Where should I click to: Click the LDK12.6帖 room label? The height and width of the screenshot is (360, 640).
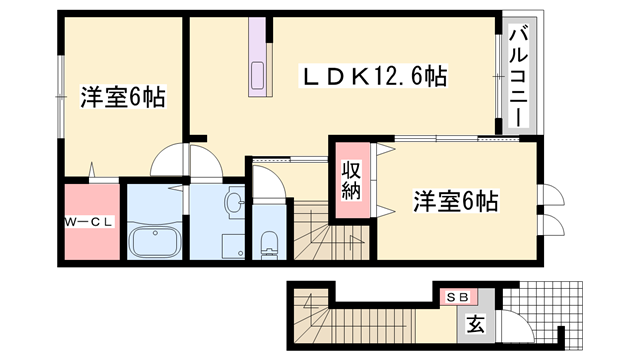pos(376,76)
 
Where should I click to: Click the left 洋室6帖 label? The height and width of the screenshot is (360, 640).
pos(122,98)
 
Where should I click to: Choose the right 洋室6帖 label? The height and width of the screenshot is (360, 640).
pos(455,201)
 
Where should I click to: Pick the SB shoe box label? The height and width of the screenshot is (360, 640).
pos(457,297)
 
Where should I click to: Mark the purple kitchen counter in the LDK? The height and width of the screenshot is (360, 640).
pos(258,60)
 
